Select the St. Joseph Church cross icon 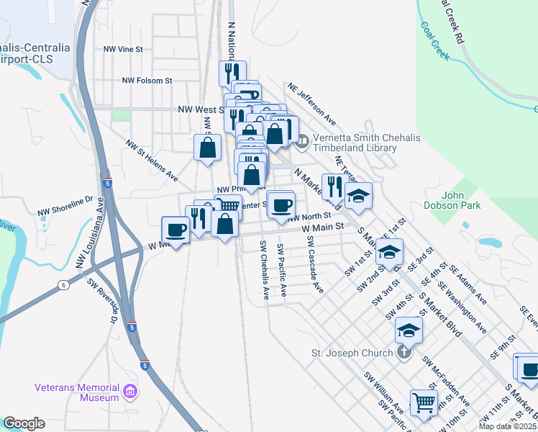coord(405,352)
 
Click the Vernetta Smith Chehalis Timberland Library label coord(355,143)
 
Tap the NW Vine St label coord(124,49)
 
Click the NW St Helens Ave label coord(152,160)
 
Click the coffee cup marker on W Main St coord(175,229)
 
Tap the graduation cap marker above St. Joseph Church coord(408,330)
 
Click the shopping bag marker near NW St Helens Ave coord(207,148)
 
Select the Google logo coord(24,423)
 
